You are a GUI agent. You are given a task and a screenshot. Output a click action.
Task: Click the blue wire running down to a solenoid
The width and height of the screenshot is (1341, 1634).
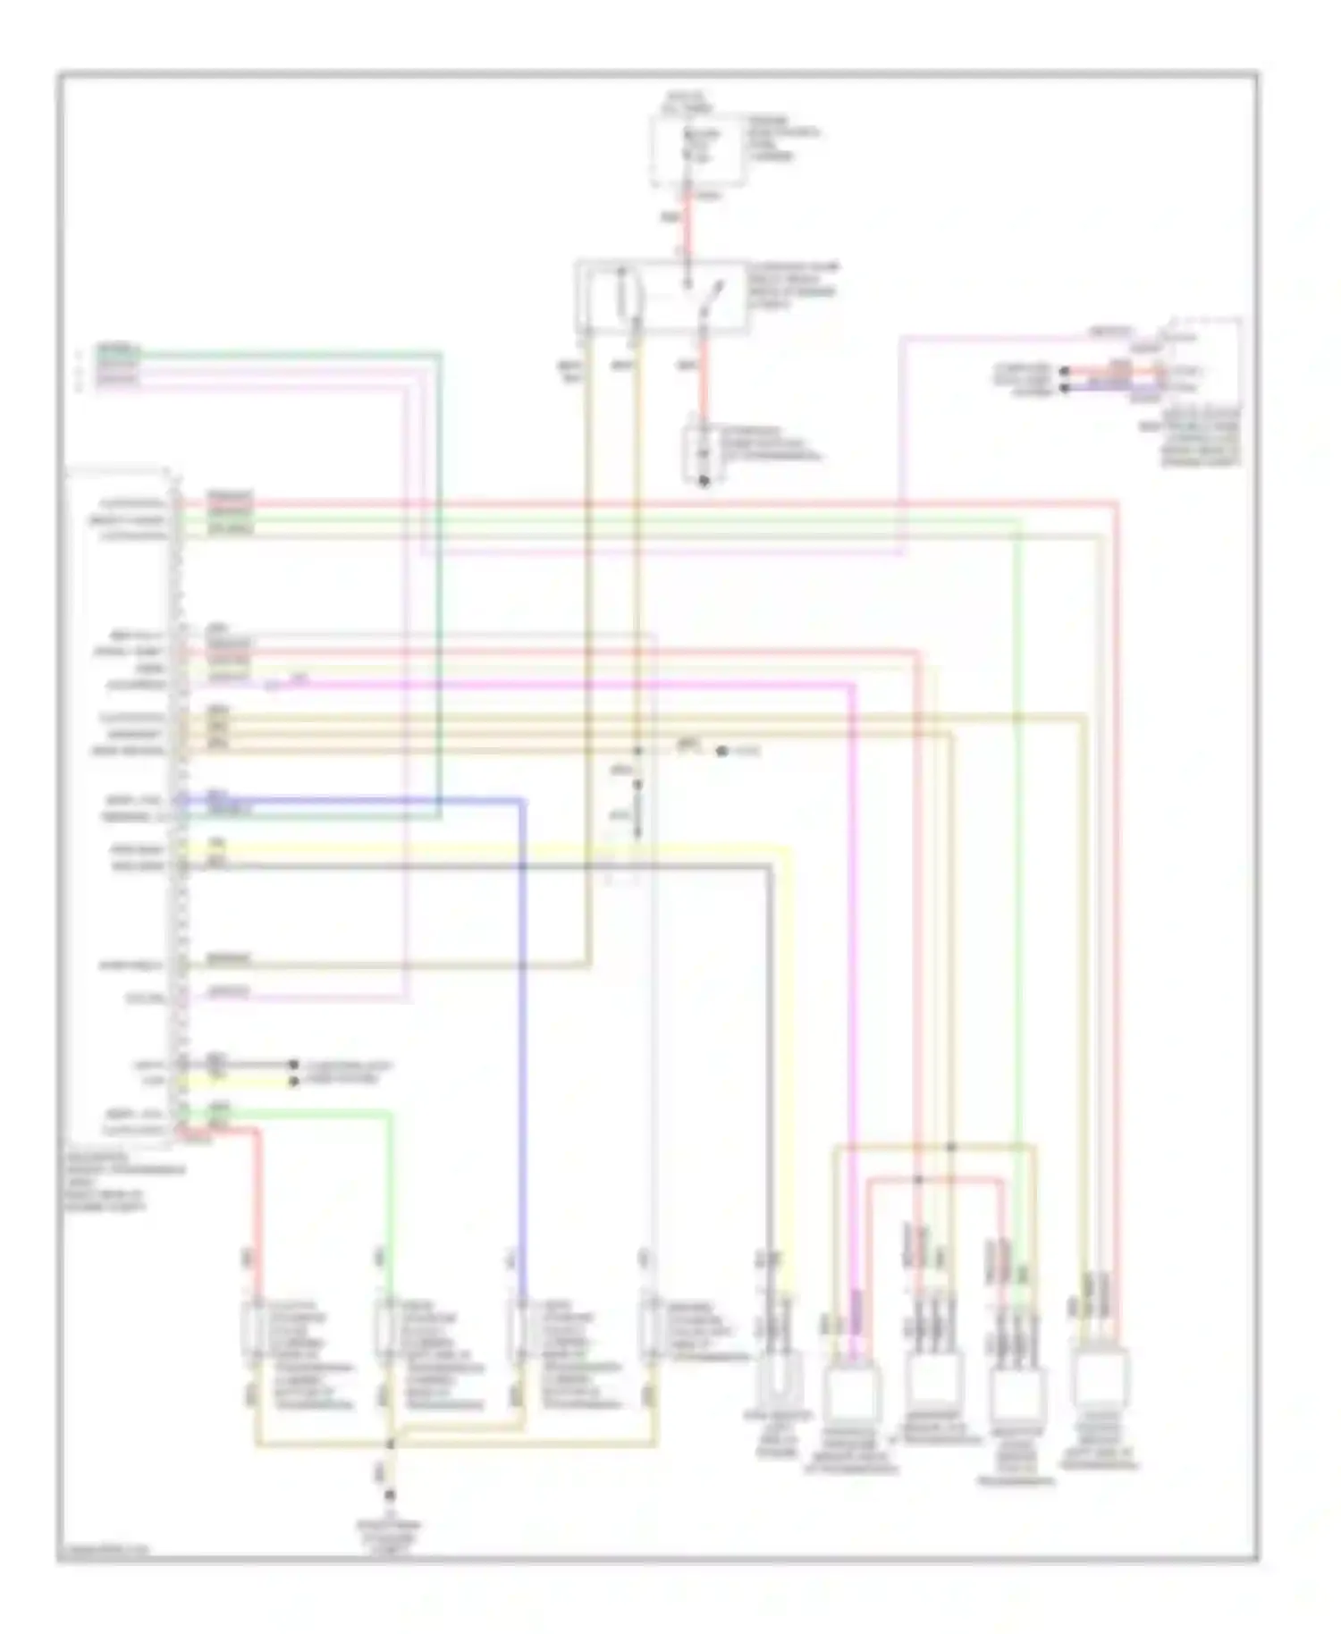[x=521, y=1028]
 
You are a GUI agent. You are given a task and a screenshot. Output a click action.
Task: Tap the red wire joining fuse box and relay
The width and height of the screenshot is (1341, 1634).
[x=687, y=223]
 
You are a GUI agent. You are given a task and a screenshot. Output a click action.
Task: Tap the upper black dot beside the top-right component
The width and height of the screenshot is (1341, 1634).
[x=1064, y=371]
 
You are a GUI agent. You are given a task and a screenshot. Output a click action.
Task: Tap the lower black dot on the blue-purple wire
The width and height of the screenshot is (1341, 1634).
[x=1064, y=389]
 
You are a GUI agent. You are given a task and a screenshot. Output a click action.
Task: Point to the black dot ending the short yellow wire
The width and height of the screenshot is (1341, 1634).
[x=293, y=1082]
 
